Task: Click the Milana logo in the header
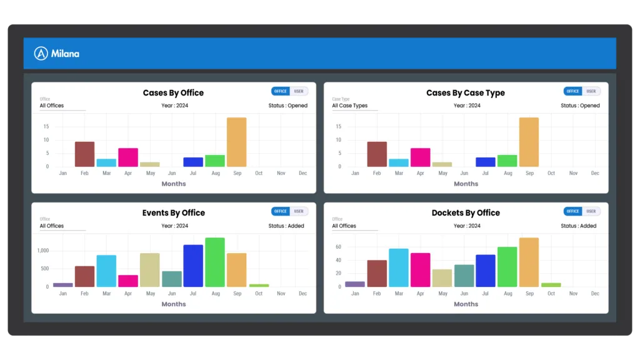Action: pos(57,54)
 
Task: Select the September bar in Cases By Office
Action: pos(236,142)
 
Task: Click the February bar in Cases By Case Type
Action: pos(377,154)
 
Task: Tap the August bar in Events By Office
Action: pos(215,262)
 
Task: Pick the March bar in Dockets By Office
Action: pos(399,268)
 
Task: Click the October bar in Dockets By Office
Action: pos(551,285)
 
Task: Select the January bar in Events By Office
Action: pos(63,285)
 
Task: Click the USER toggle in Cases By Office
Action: pos(299,91)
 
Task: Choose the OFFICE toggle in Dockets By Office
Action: pos(572,211)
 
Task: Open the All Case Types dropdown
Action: pos(354,106)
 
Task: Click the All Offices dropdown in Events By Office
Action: pos(62,226)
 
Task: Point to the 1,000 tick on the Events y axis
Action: pos(43,251)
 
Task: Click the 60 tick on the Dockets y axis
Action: pos(338,247)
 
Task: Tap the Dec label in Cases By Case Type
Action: pos(594,173)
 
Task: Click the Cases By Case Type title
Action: pos(466,93)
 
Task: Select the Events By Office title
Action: pos(173,213)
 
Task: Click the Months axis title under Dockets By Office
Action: pos(466,304)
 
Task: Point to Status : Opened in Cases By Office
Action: pos(288,106)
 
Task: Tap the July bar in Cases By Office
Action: pos(193,162)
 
